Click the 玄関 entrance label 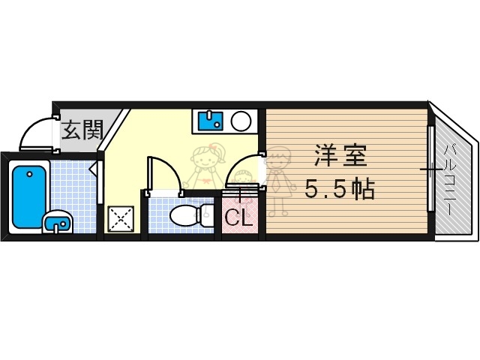coord(82,130)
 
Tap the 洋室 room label coord(340,158)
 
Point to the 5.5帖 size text coord(340,190)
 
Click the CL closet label coord(238,219)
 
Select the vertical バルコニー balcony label coord(450,181)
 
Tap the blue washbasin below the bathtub coord(57,223)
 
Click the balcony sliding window coord(431,169)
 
